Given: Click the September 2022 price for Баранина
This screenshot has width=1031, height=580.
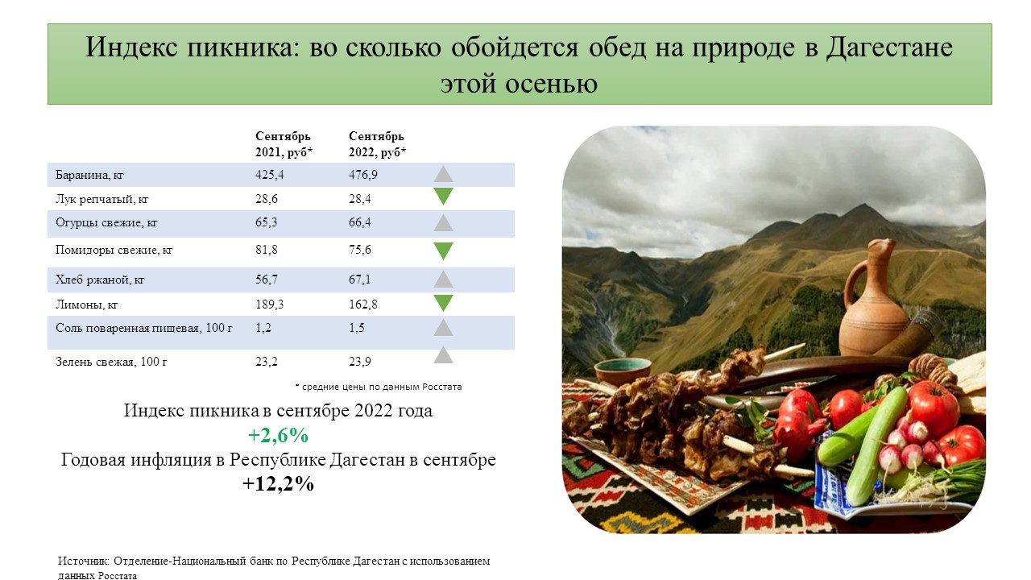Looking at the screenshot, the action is pyautogui.click(x=362, y=175).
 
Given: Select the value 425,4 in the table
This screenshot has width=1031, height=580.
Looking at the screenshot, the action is pyautogui.click(x=270, y=175).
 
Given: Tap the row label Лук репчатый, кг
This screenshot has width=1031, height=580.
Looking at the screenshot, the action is pyautogui.click(x=101, y=199).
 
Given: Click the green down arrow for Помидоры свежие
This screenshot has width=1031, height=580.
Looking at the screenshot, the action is pyautogui.click(x=443, y=251).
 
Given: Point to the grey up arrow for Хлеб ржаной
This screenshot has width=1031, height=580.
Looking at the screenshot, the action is pyautogui.click(x=443, y=279).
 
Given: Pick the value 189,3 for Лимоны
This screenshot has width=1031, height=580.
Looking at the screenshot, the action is pyautogui.click(x=270, y=304).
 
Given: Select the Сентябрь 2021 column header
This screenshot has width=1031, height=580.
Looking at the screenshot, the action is pyautogui.click(x=284, y=144).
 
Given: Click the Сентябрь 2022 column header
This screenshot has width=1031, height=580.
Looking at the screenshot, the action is pyautogui.click(x=378, y=144).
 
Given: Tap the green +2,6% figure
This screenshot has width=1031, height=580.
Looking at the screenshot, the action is pyautogui.click(x=278, y=435).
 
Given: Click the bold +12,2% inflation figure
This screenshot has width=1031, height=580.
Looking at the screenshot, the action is pyautogui.click(x=278, y=484).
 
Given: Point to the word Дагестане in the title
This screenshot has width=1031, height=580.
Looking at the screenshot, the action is pyautogui.click(x=888, y=48).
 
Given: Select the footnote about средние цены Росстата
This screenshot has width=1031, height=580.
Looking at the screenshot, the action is pyautogui.click(x=378, y=387).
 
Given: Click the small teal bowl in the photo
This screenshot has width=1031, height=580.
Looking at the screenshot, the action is pyautogui.click(x=623, y=371).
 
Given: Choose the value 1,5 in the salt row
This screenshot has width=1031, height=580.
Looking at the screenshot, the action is pyautogui.click(x=356, y=328).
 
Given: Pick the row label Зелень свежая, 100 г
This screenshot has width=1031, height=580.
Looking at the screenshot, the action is pyautogui.click(x=111, y=362).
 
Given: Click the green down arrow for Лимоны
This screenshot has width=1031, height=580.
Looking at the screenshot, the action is pyautogui.click(x=443, y=304).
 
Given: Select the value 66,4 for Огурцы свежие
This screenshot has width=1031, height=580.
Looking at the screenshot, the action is pyautogui.click(x=359, y=222).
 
